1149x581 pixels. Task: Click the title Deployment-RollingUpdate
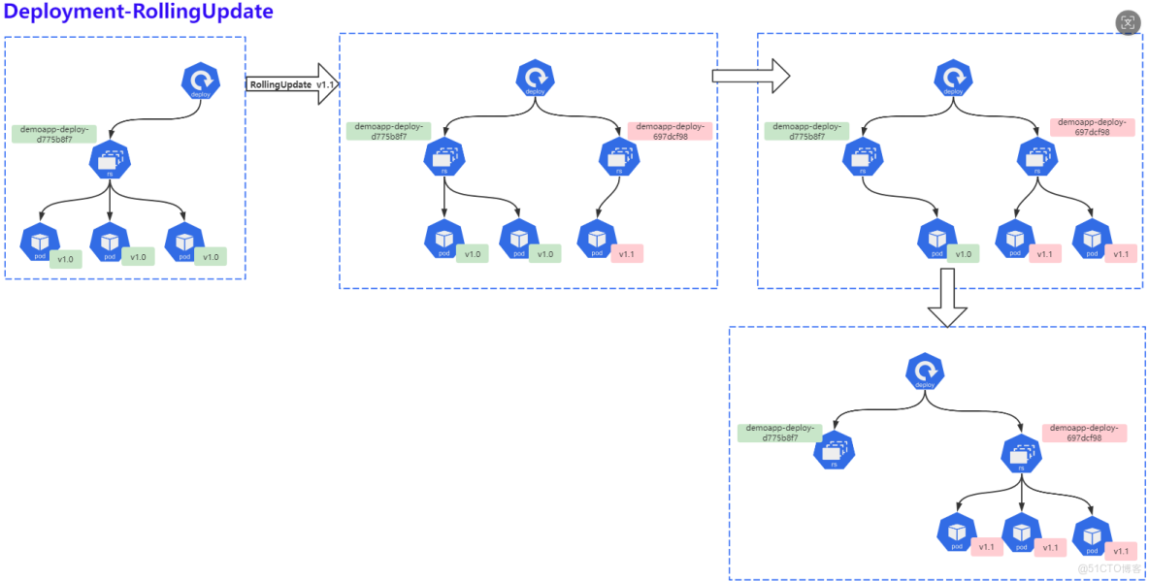click(x=139, y=13)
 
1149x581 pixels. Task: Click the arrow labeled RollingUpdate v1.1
click(x=291, y=84)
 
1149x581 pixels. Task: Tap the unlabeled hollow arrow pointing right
click(x=750, y=76)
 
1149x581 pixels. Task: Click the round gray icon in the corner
click(x=1128, y=23)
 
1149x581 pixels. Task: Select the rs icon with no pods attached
click(x=834, y=451)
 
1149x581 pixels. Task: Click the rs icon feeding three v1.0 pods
click(x=110, y=160)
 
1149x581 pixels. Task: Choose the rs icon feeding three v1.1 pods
click(x=1022, y=452)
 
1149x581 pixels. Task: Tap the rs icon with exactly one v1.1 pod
click(x=619, y=158)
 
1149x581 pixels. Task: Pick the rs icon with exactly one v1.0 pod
click(x=862, y=159)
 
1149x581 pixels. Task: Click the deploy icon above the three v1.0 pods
click(x=201, y=81)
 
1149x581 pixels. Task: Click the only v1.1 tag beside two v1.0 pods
click(x=627, y=254)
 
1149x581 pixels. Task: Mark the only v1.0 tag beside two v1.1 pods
click(x=963, y=254)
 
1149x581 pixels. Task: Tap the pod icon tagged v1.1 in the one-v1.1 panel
click(x=596, y=239)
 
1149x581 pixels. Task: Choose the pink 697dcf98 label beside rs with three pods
click(x=1084, y=433)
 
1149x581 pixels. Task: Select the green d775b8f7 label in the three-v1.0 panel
click(x=54, y=134)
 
